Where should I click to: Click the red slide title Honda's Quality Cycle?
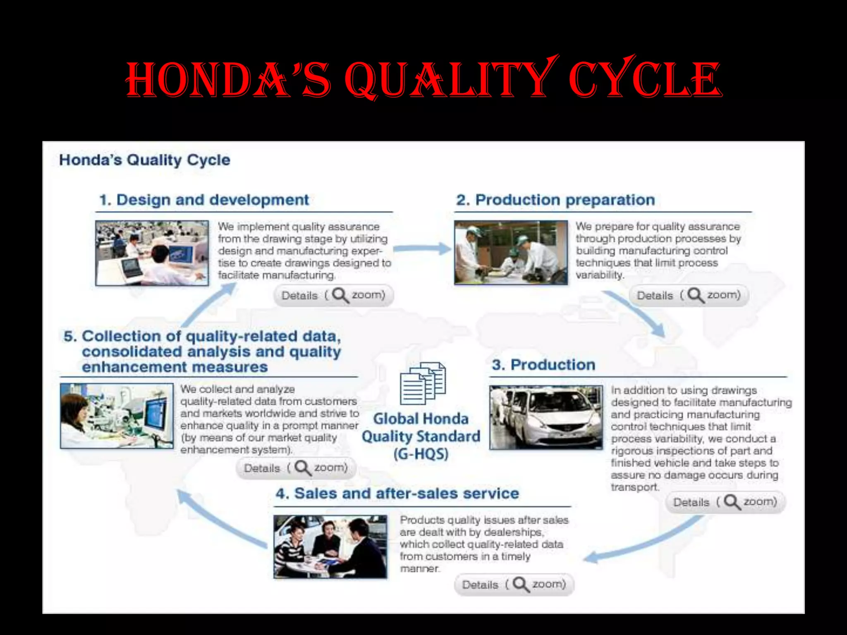click(x=423, y=79)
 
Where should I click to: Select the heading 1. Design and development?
click(x=204, y=200)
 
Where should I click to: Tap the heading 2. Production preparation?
click(x=555, y=200)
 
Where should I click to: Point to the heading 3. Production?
click(x=543, y=365)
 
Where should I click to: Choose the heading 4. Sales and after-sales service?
click(x=397, y=493)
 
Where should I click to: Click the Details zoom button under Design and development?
click(x=333, y=295)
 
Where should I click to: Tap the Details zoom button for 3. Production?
click(x=725, y=502)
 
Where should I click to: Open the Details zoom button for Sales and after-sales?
click(x=514, y=585)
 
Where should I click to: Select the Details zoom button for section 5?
click(x=296, y=468)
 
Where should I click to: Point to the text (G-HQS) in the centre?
click(x=421, y=454)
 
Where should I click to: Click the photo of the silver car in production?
click(x=546, y=418)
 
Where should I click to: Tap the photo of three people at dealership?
click(x=330, y=547)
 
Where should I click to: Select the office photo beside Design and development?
click(x=152, y=253)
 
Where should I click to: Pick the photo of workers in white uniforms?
click(x=511, y=253)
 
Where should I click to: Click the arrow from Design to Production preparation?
click(x=422, y=248)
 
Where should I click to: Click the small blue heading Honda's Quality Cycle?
click(x=144, y=160)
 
